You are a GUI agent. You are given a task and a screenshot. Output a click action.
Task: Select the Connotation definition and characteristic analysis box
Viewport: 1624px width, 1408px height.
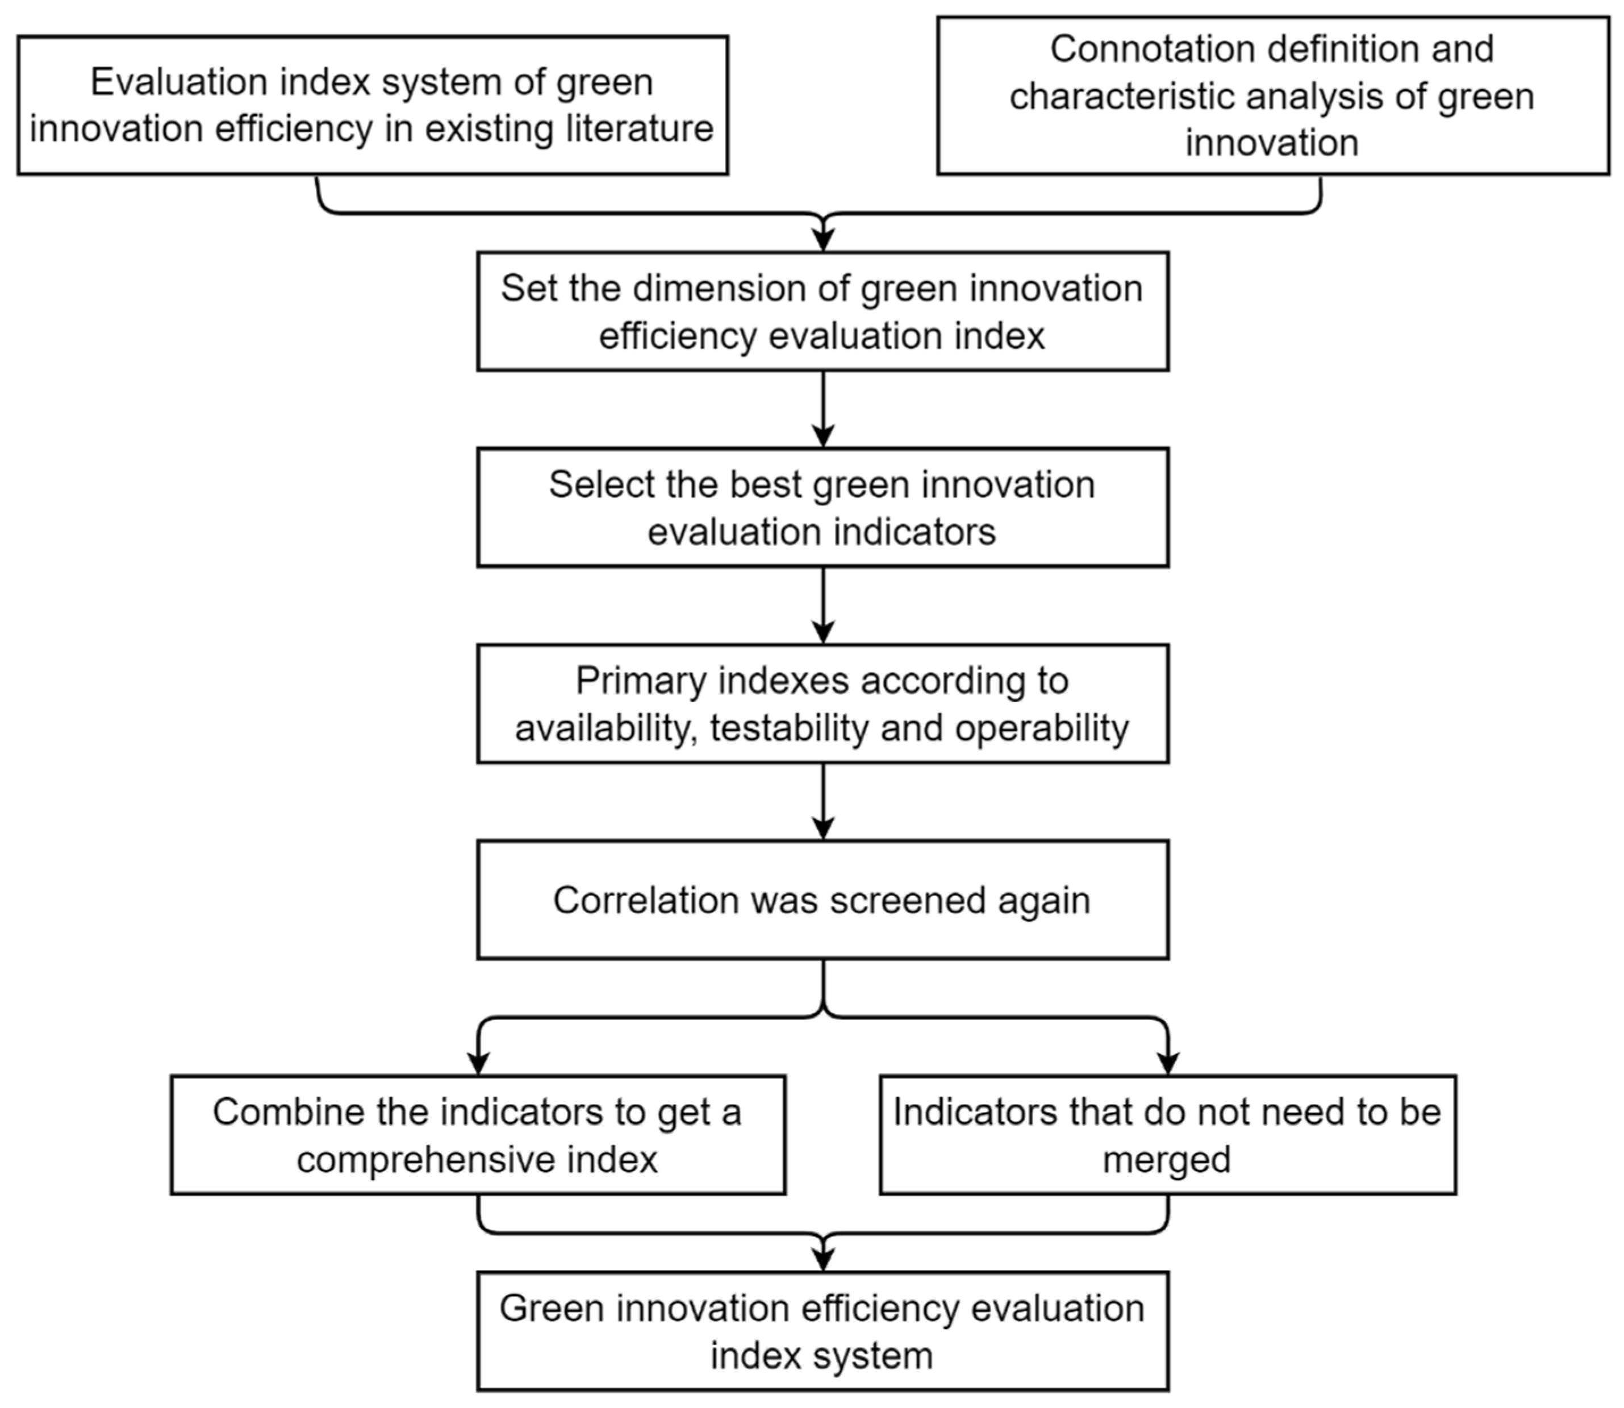1272,96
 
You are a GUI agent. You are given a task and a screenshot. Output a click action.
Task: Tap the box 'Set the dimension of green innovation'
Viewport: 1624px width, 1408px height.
822,311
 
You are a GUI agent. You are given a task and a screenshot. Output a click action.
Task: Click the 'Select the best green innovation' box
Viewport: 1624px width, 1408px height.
822,507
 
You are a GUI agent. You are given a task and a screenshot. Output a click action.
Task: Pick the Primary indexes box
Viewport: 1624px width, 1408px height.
822,704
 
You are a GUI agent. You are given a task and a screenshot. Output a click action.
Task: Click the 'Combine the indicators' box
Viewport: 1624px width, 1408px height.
478,1135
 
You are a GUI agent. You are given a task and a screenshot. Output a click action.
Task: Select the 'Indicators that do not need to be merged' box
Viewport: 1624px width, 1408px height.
1168,1135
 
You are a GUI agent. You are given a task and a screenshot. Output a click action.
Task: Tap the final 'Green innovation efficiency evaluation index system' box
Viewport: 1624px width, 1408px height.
822,1332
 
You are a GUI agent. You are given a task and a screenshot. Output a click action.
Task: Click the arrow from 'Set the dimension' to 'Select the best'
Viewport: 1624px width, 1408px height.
823,409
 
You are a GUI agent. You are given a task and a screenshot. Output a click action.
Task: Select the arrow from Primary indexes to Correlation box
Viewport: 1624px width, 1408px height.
823,801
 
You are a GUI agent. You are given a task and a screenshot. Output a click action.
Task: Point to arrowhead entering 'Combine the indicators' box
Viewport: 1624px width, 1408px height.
478,1063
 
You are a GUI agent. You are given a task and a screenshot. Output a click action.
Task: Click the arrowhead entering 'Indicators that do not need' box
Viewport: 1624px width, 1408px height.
1168,1063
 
